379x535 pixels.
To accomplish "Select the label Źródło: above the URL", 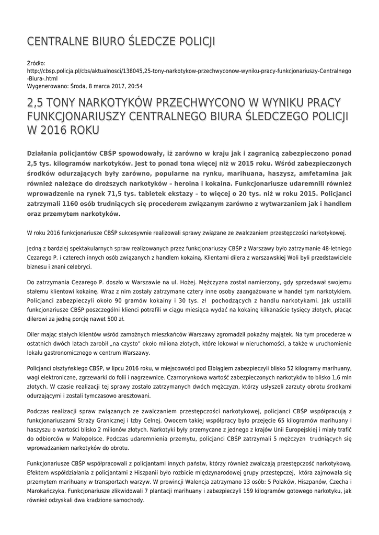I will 36,63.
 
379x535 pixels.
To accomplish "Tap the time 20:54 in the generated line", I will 134,86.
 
